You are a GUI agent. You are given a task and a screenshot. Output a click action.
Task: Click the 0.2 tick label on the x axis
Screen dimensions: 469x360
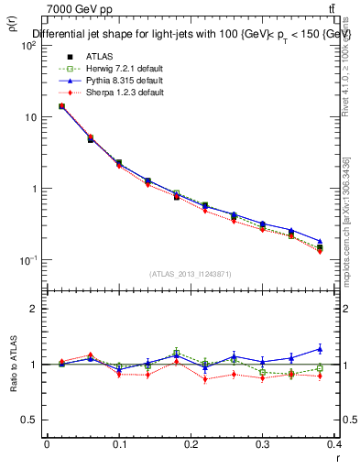point(191,446)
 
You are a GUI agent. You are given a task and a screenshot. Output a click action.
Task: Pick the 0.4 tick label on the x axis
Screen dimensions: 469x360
point(334,446)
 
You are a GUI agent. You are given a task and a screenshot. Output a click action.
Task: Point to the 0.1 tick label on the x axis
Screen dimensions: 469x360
point(118,446)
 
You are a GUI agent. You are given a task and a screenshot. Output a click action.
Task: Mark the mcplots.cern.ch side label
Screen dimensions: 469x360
point(347,238)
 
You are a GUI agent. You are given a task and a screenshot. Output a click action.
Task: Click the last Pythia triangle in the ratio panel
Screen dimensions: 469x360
point(345,348)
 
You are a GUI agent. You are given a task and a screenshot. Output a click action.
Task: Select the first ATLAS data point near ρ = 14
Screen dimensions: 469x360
point(61,106)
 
